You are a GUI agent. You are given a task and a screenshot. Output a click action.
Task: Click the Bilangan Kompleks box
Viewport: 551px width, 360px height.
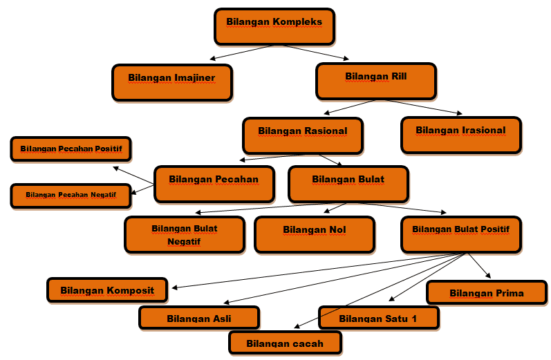(x=274, y=26)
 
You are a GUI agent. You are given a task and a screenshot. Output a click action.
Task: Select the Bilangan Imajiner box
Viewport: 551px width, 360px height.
(x=171, y=82)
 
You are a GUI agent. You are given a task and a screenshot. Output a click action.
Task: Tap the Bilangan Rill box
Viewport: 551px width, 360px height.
(x=376, y=81)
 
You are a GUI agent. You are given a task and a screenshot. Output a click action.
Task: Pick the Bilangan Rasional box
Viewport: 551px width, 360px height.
(x=302, y=135)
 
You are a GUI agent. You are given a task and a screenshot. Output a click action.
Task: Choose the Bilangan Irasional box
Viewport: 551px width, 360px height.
(x=460, y=134)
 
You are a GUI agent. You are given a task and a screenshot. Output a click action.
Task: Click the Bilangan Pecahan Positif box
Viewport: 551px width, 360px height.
(x=71, y=149)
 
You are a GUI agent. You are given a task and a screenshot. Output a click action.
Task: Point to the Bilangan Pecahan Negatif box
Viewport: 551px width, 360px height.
(x=71, y=196)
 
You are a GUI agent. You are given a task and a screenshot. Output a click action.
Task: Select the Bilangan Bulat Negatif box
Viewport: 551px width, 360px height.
(x=184, y=235)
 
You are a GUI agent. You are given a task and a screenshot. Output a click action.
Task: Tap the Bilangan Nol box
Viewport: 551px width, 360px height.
(x=315, y=234)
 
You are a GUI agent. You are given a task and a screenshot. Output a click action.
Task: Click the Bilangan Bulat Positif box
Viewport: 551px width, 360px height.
(x=460, y=234)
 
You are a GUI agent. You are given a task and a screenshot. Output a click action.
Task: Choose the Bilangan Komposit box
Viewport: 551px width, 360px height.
(x=107, y=290)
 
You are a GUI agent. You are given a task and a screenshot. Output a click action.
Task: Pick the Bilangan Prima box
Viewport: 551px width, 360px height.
(x=487, y=293)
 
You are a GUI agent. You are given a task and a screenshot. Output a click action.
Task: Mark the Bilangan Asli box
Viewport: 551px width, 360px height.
(x=199, y=319)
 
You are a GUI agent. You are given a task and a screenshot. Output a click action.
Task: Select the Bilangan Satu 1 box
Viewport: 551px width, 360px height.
(x=378, y=319)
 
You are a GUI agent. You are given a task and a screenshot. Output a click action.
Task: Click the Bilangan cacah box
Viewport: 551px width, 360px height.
(x=285, y=343)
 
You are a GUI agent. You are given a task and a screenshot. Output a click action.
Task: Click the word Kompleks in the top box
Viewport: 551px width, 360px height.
(x=297, y=21)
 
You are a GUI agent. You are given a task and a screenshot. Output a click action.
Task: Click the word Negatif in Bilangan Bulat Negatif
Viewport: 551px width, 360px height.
(x=184, y=242)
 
